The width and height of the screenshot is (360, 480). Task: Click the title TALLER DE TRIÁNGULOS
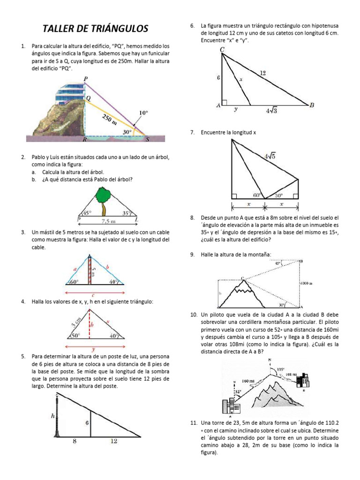(x=95, y=29)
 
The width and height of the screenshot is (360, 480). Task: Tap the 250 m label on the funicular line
(x=109, y=120)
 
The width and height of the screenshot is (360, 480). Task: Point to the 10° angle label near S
(x=143, y=113)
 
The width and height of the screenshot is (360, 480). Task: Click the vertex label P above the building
(x=85, y=78)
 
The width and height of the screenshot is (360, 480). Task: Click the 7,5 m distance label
(x=109, y=221)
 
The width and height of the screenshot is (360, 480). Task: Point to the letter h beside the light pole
(x=53, y=416)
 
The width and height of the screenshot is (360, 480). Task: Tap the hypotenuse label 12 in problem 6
(x=262, y=73)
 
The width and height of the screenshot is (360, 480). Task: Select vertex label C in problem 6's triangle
(x=222, y=49)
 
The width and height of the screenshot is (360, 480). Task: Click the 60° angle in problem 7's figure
(x=256, y=195)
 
